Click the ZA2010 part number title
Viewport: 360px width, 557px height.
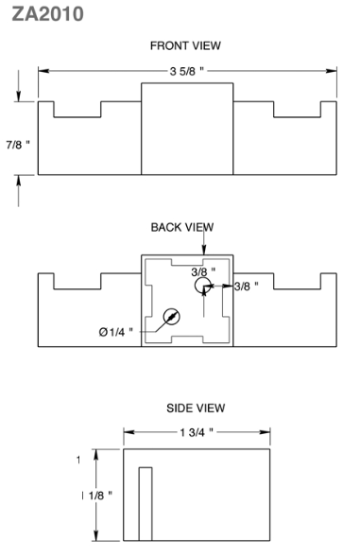coord(47,14)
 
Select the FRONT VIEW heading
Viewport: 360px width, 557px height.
coord(185,45)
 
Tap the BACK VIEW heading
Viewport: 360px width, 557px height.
coord(182,227)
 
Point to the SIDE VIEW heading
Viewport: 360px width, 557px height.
coord(196,408)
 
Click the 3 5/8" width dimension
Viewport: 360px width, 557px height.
coord(187,72)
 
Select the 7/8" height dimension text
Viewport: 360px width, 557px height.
coord(18,145)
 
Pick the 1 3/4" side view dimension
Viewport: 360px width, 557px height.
coord(197,432)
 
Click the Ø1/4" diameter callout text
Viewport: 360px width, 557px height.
coord(115,332)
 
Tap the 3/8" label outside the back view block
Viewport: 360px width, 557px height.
coord(246,287)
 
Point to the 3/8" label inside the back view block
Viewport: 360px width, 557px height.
coord(203,272)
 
